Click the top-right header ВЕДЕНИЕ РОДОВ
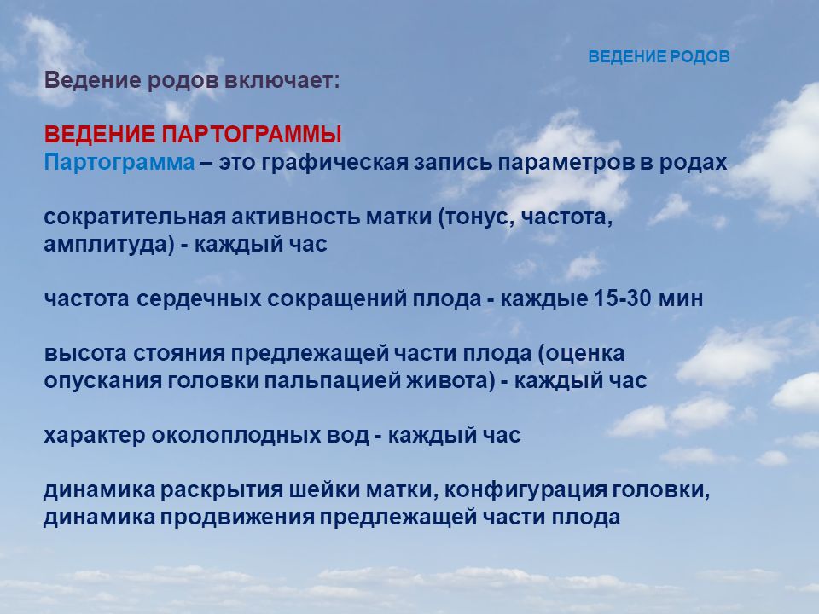click(x=659, y=56)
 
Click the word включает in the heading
click(x=282, y=81)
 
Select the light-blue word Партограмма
click(x=119, y=163)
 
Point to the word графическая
click(x=334, y=163)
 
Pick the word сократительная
click(x=134, y=217)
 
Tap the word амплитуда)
click(x=108, y=245)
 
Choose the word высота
click(x=85, y=353)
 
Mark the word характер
click(x=95, y=436)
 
